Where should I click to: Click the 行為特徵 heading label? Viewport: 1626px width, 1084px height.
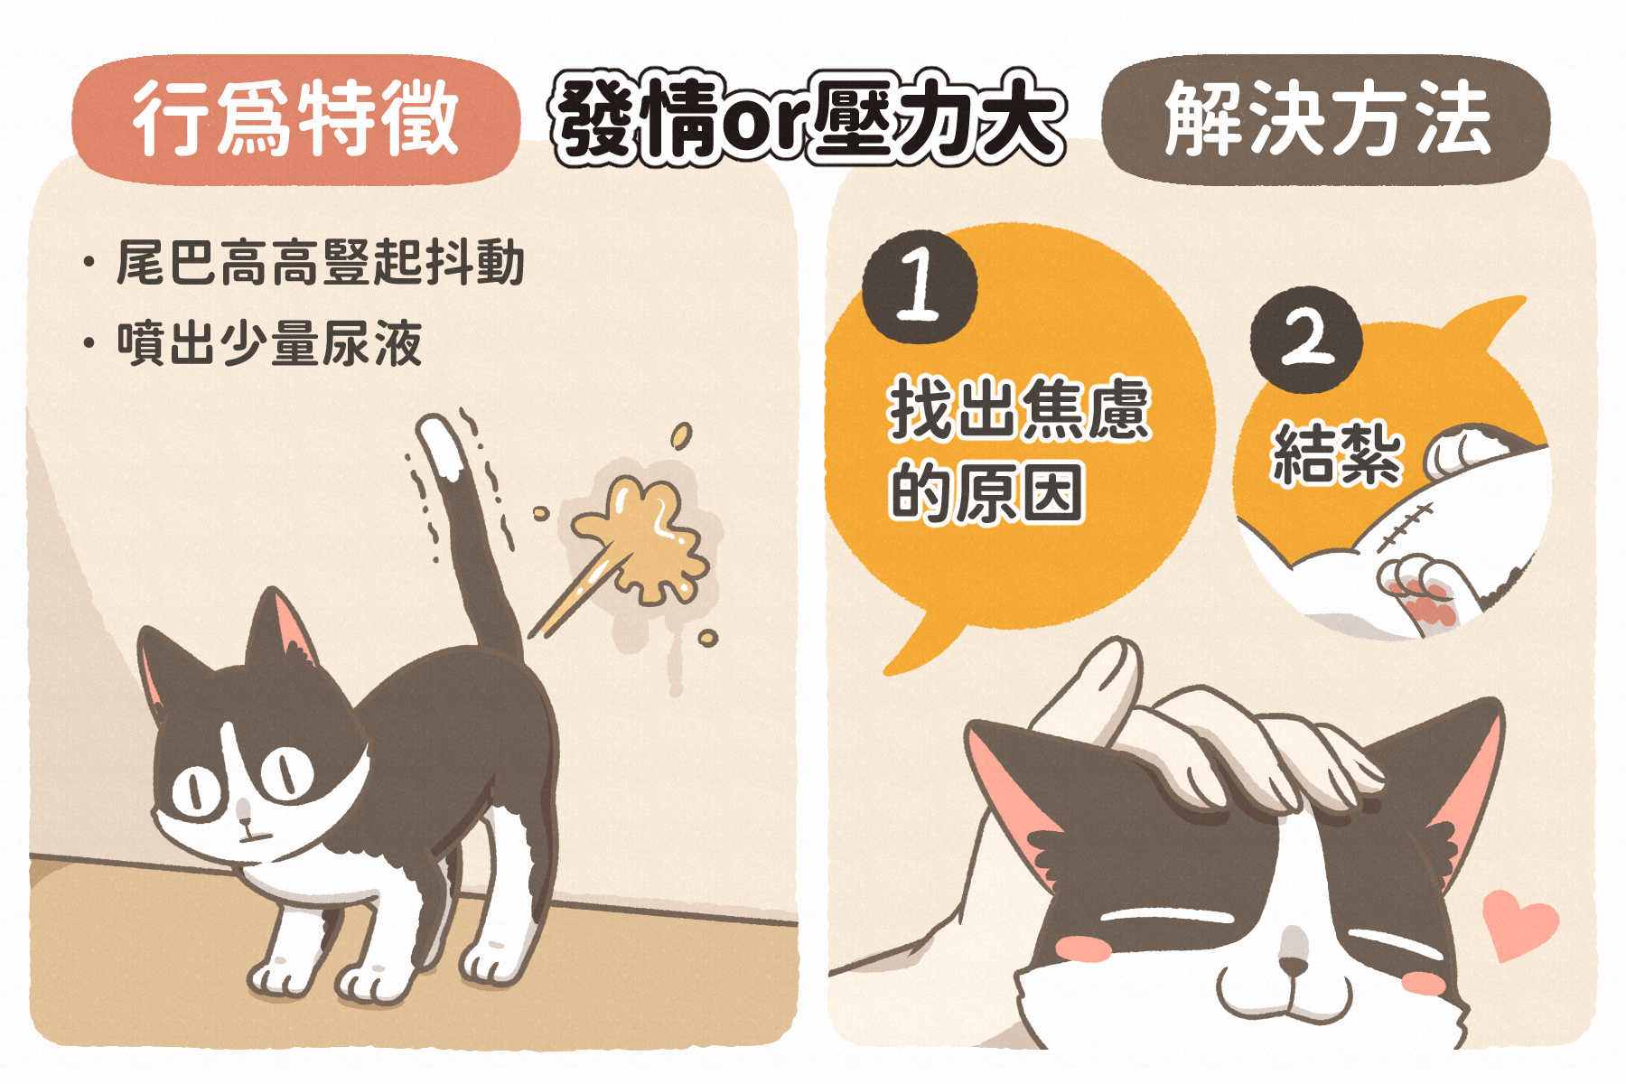[295, 120]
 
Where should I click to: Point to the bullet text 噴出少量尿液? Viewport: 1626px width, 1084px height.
[269, 344]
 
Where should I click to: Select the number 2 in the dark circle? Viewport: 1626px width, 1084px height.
[1307, 341]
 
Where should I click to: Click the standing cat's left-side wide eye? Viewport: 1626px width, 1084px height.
[194, 791]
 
